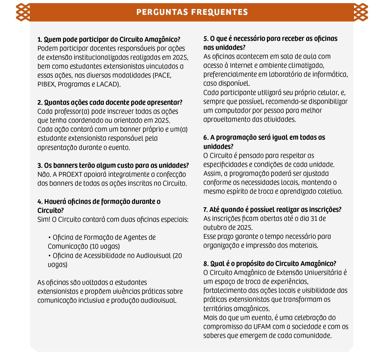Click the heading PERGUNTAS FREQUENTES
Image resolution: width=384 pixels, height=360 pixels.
[192, 12]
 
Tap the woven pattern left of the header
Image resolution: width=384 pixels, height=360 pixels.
[23, 12]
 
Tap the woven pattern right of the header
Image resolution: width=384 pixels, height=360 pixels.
[361, 12]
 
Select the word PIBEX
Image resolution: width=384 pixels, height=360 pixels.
[46, 84]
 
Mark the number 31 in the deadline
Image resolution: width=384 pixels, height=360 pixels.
[314, 219]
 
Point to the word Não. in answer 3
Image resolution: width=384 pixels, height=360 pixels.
[44, 174]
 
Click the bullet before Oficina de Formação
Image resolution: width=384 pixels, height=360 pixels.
[49, 237]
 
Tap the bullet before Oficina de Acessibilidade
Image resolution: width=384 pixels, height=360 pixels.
[49, 256]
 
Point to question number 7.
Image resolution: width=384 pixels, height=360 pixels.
[205, 210]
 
